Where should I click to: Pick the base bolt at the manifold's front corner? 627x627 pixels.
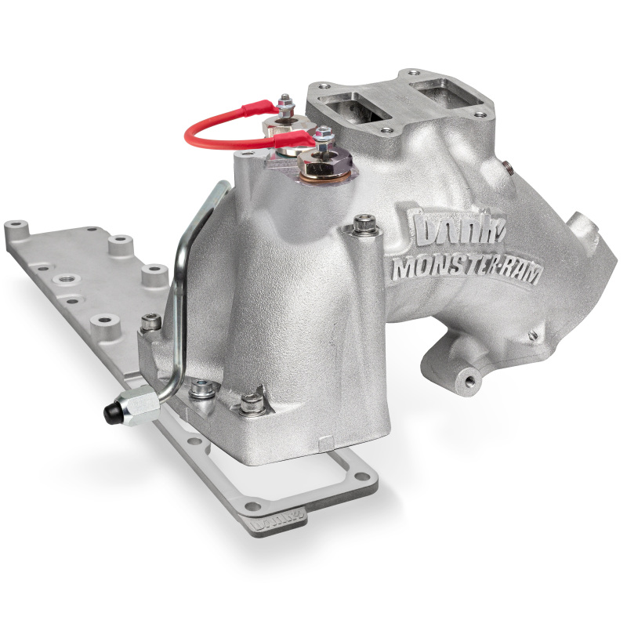tap(252, 404)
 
